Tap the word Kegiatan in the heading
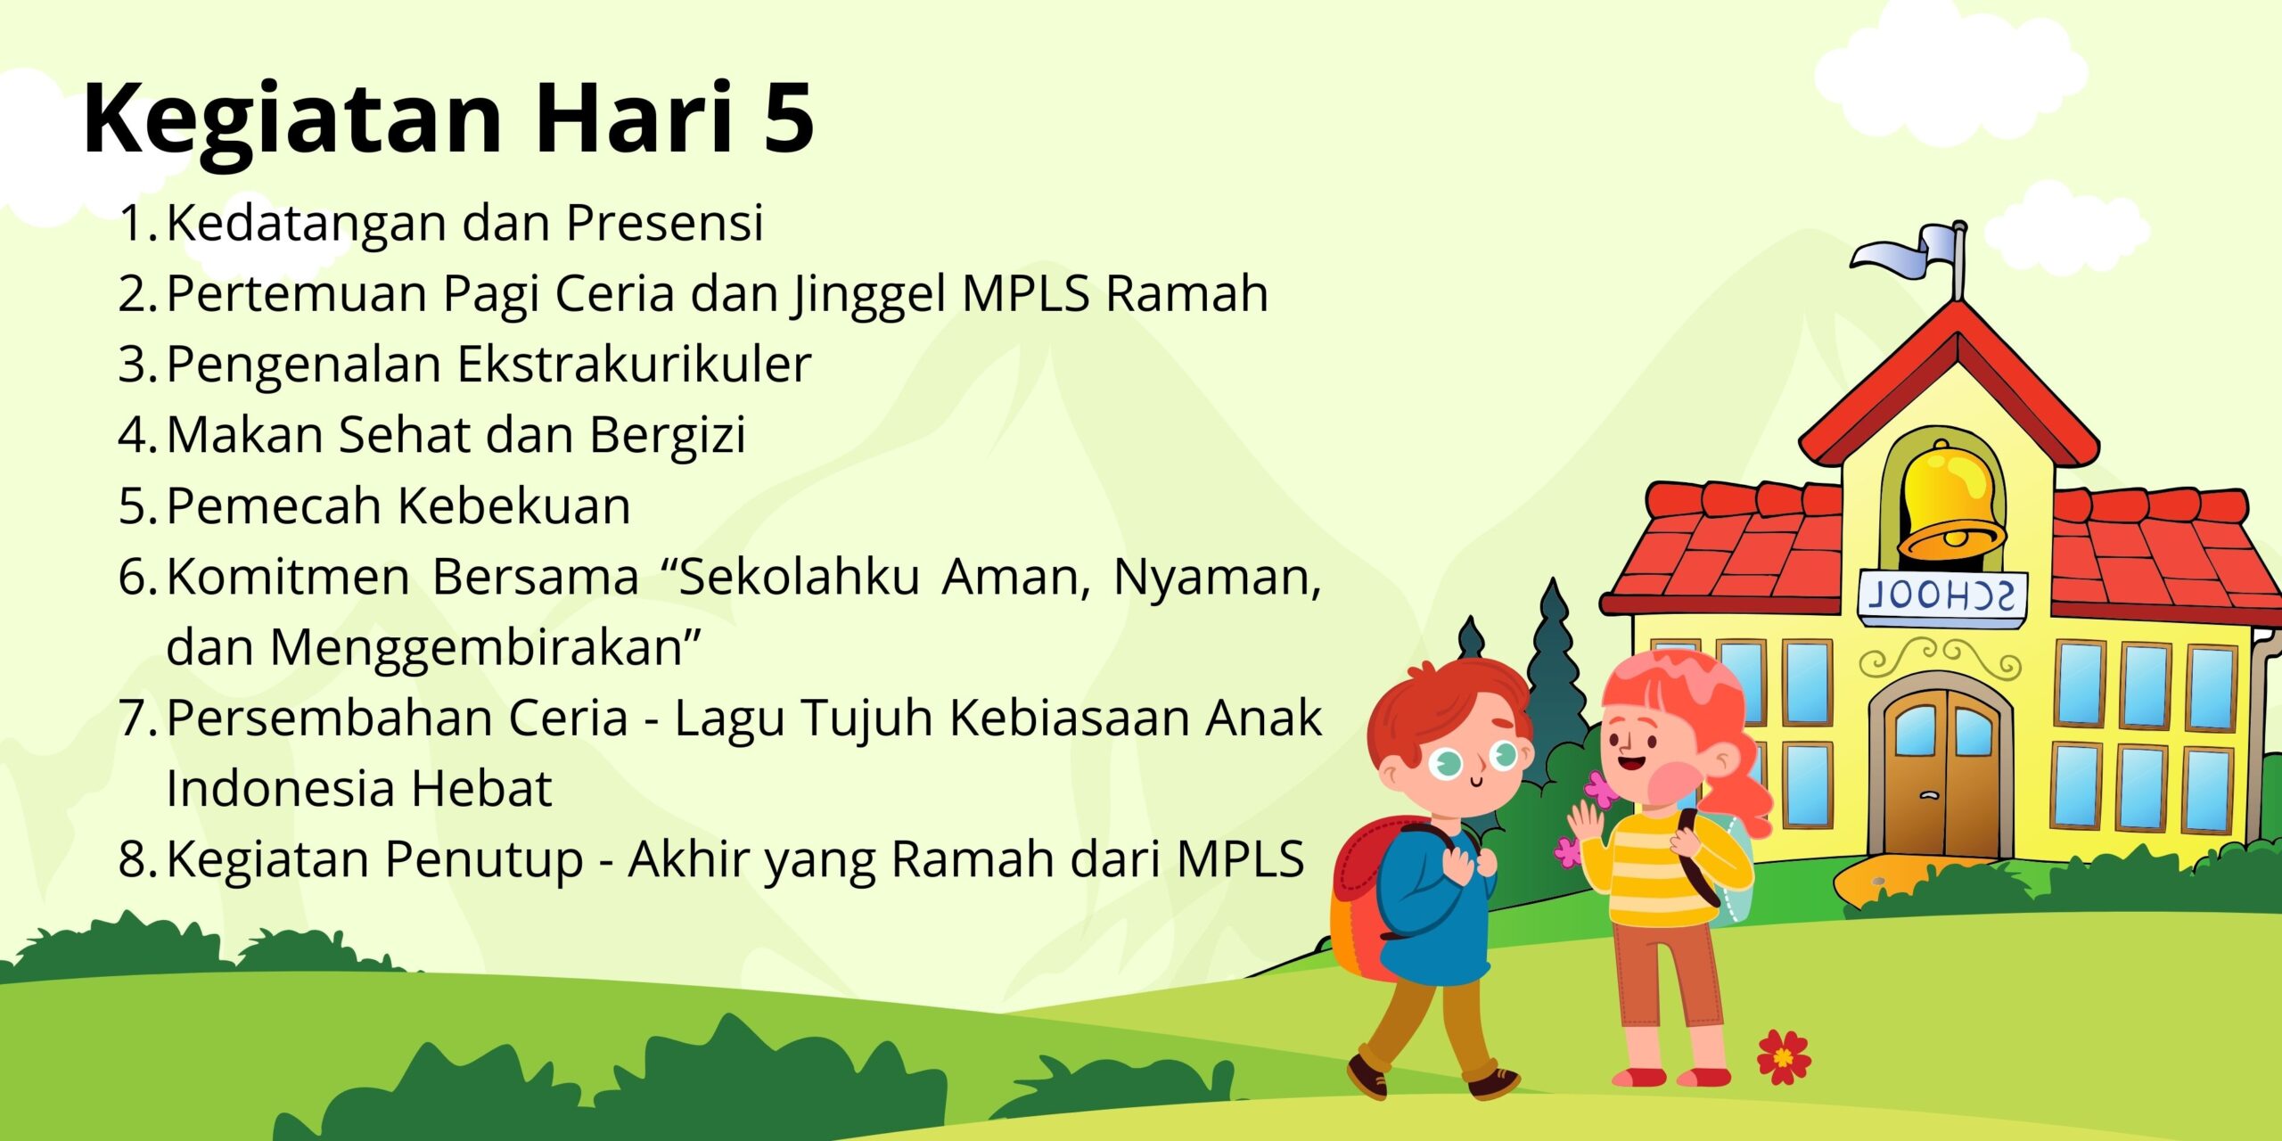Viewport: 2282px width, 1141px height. pyautogui.click(x=293, y=125)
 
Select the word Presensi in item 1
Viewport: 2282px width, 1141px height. pyautogui.click(x=665, y=222)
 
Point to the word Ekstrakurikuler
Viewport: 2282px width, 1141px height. pyautogui.click(x=635, y=364)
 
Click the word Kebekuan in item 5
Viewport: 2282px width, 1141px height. pyautogui.click(x=514, y=505)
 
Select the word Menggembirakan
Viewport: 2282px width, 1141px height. pyautogui.click(x=477, y=649)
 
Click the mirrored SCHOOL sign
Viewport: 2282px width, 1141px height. pyautogui.click(x=1941, y=596)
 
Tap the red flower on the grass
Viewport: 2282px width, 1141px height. pyautogui.click(x=1783, y=1057)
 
